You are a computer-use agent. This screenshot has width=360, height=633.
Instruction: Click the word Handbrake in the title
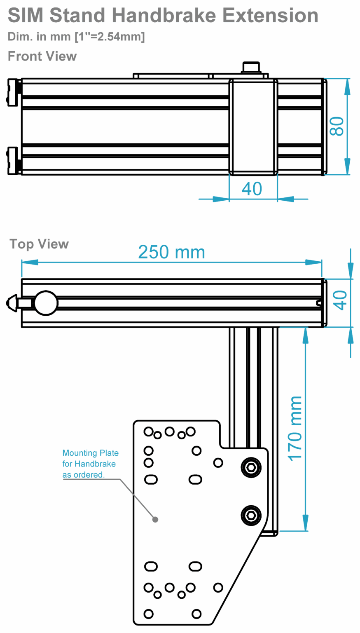tap(164, 16)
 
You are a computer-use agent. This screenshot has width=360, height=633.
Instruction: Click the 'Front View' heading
tap(42, 56)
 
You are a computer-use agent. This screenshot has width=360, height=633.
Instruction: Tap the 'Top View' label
tap(39, 244)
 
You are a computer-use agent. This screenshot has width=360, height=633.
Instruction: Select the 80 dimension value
tap(337, 127)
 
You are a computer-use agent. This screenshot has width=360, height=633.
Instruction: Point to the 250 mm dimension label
tap(171, 252)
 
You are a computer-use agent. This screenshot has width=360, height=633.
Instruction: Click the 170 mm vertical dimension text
tap(295, 429)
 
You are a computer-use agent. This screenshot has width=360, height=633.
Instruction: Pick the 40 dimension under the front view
tap(252, 189)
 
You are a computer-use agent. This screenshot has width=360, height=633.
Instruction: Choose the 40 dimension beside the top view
tap(340, 300)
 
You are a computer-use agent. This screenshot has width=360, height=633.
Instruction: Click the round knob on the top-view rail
tap(46, 303)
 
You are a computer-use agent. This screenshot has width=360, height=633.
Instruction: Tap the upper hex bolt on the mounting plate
tap(251, 467)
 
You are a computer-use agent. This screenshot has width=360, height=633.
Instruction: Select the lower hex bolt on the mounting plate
tap(251, 515)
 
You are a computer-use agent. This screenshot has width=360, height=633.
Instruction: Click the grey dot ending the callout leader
tap(155, 520)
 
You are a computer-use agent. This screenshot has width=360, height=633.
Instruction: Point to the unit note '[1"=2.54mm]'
tap(110, 37)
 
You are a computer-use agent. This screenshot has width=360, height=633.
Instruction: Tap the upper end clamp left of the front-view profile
tap(14, 92)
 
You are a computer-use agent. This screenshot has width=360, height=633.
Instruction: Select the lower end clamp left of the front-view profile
tap(14, 160)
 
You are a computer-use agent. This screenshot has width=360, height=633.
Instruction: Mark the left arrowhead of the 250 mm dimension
tap(29, 263)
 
